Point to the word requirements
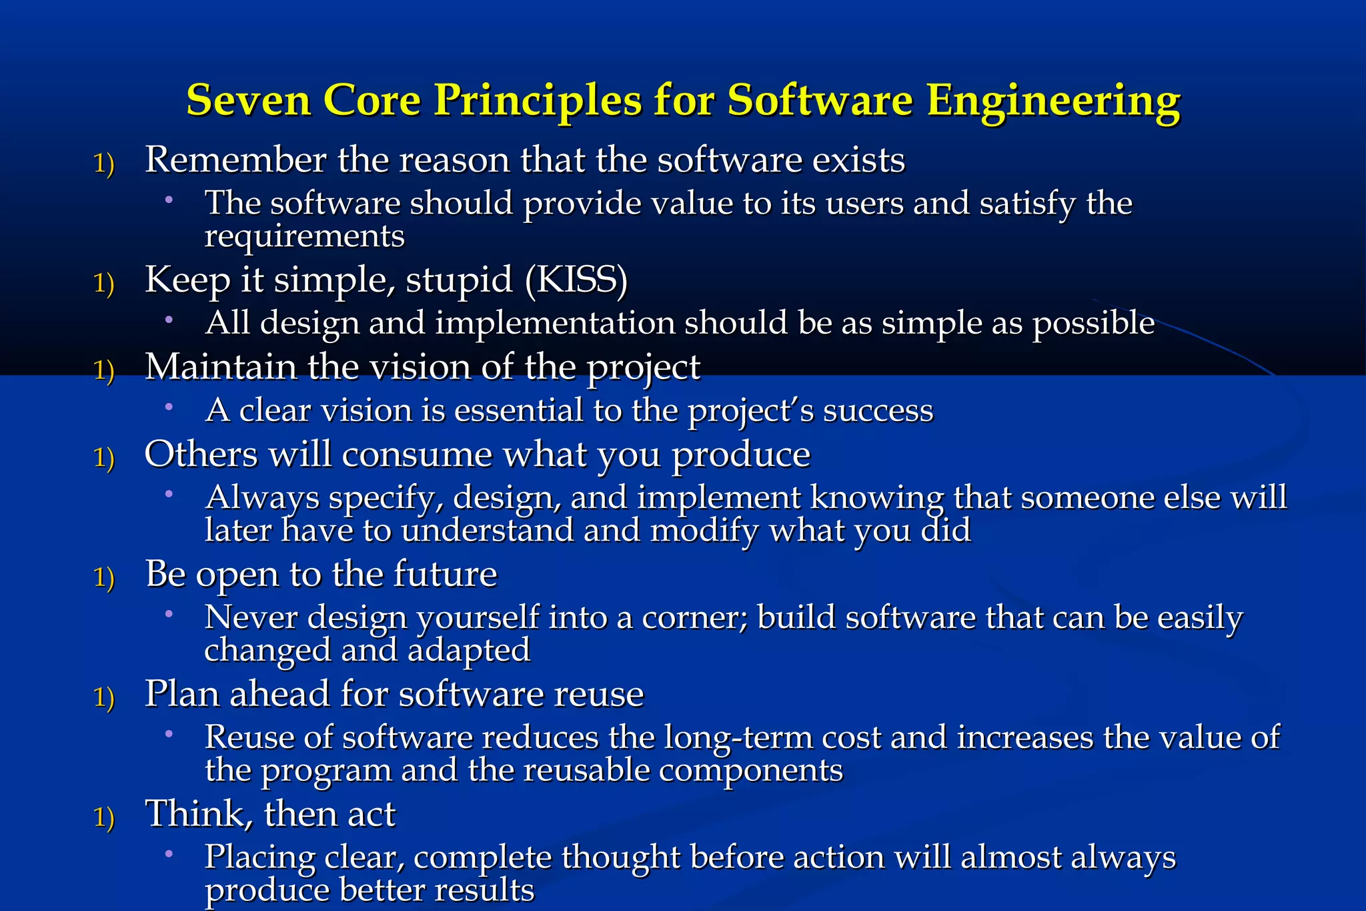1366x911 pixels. (304, 237)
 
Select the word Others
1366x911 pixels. (201, 454)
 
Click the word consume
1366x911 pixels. (417, 456)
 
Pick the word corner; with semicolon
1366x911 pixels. (694, 617)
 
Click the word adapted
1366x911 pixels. (469, 651)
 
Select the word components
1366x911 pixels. (751, 771)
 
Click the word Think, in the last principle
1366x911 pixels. (199, 814)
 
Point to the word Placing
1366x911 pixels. (259, 858)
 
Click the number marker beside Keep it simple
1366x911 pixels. (104, 283)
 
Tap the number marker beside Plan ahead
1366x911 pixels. (104, 697)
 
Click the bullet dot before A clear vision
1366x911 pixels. (169, 406)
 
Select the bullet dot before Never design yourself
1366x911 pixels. (169, 613)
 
